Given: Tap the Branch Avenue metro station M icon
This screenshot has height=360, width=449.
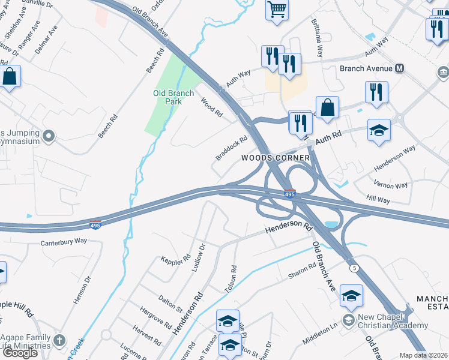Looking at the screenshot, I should pyautogui.click(x=399, y=68).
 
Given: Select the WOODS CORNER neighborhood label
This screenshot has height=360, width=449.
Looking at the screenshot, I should pyautogui.click(x=276, y=158).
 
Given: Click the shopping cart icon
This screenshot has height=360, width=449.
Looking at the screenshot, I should pyautogui.click(x=277, y=9).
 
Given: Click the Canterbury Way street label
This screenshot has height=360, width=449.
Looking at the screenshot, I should pyautogui.click(x=64, y=242).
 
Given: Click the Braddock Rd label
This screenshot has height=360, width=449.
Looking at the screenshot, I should pyautogui.click(x=232, y=149).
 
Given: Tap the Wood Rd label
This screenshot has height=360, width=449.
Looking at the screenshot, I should pyautogui.click(x=211, y=109).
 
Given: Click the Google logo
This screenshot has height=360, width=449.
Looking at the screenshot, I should pyautogui.click(x=20, y=352).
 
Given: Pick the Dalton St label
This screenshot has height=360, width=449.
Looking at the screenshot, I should pyautogui.click(x=170, y=304).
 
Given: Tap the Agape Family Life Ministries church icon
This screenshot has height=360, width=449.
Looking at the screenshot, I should pyautogui.click(x=59, y=341).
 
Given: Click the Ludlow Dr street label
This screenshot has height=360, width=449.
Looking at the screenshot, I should pyautogui.click(x=198, y=257).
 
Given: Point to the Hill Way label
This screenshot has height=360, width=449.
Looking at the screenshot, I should pyautogui.click(x=378, y=199).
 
